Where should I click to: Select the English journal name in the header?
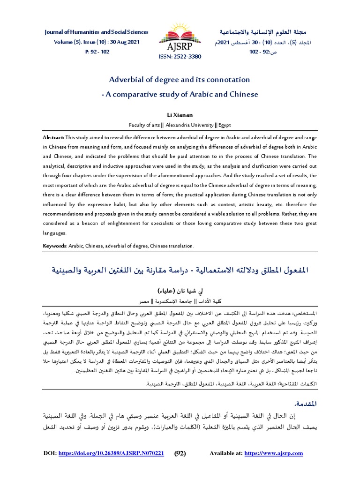96,32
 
